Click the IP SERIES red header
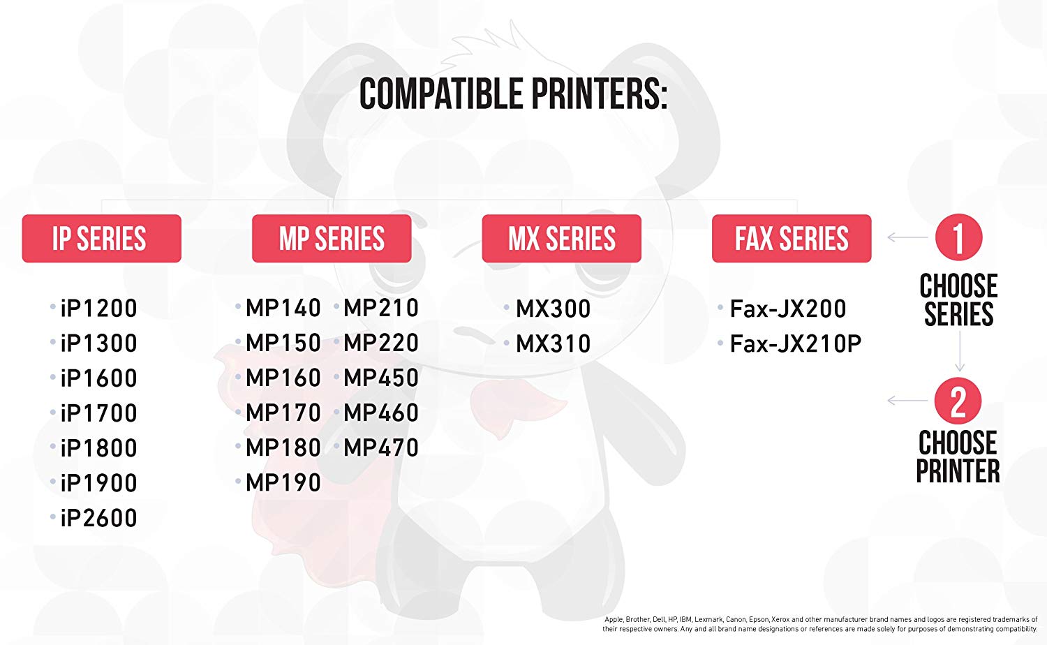(101, 238)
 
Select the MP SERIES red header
(332, 238)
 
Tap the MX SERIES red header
(561, 238)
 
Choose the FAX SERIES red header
(792, 238)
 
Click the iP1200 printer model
(98, 309)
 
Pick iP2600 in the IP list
(98, 518)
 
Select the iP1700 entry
(98, 413)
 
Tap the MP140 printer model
(283, 308)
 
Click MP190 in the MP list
(283, 482)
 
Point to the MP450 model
(381, 378)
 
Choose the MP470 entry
(381, 447)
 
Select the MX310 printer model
(554, 343)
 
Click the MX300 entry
(554, 309)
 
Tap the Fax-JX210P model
(796, 343)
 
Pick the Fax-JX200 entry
(788, 309)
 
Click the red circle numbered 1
(958, 237)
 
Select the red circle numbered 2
(958, 401)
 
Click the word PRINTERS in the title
(599, 94)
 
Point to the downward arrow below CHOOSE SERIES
(960, 351)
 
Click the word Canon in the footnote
(736, 619)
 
